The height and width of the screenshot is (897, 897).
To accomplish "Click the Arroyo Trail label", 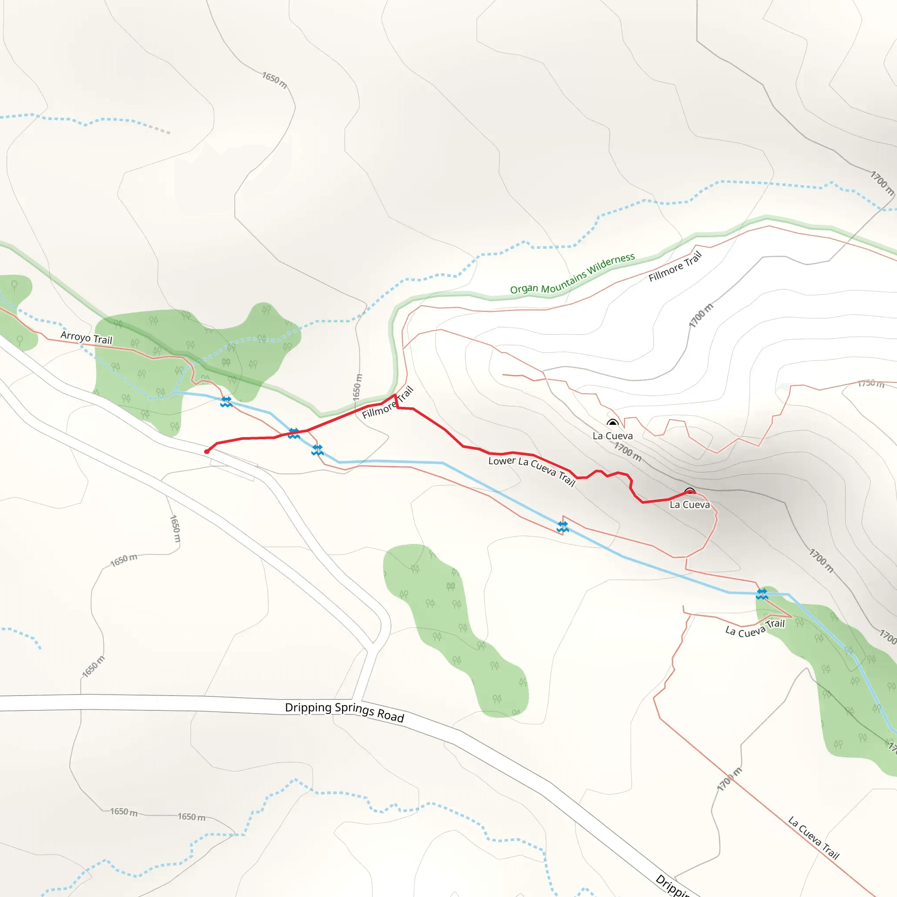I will (x=86, y=338).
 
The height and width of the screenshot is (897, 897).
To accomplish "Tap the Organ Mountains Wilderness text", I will (x=572, y=274).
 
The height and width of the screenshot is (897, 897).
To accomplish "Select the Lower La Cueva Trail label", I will (x=532, y=470).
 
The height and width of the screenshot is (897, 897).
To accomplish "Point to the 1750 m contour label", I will (x=871, y=383).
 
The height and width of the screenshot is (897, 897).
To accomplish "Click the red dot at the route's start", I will (x=207, y=451).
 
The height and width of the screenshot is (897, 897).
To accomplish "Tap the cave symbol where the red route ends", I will (x=689, y=492).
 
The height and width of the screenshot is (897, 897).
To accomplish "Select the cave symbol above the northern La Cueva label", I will (x=612, y=423).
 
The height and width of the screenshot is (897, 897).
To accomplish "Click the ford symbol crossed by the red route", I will (x=293, y=433).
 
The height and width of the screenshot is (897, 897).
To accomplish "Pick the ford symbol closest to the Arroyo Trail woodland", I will (x=226, y=402).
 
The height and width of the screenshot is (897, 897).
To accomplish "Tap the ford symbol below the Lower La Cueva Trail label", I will (x=563, y=526).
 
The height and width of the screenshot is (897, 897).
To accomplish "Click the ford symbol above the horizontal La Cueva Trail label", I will (x=762, y=594).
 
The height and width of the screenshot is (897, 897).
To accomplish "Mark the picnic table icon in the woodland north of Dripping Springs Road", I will (x=450, y=586).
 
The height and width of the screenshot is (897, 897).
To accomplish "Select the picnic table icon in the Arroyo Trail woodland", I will (x=226, y=362).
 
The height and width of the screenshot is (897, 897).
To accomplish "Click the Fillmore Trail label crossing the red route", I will (x=388, y=403).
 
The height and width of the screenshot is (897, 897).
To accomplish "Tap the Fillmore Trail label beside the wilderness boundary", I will (x=675, y=266).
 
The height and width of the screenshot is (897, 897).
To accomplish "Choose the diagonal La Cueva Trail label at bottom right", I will (x=813, y=838).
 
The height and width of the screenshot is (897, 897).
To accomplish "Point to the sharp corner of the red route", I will (x=395, y=395).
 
